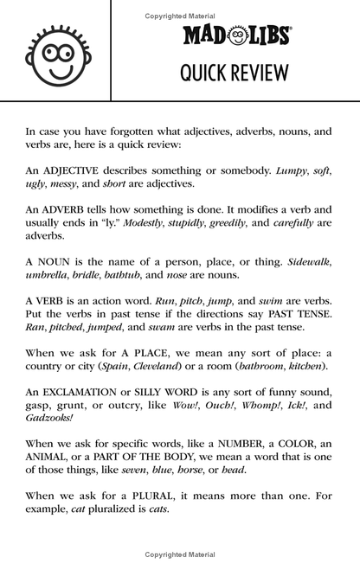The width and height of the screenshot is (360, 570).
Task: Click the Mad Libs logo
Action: [x=235, y=35]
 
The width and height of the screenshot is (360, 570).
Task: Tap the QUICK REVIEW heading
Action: [x=235, y=73]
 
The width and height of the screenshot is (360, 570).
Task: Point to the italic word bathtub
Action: [x=146, y=273]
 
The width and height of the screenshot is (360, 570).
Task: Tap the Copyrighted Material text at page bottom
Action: [x=180, y=554]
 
